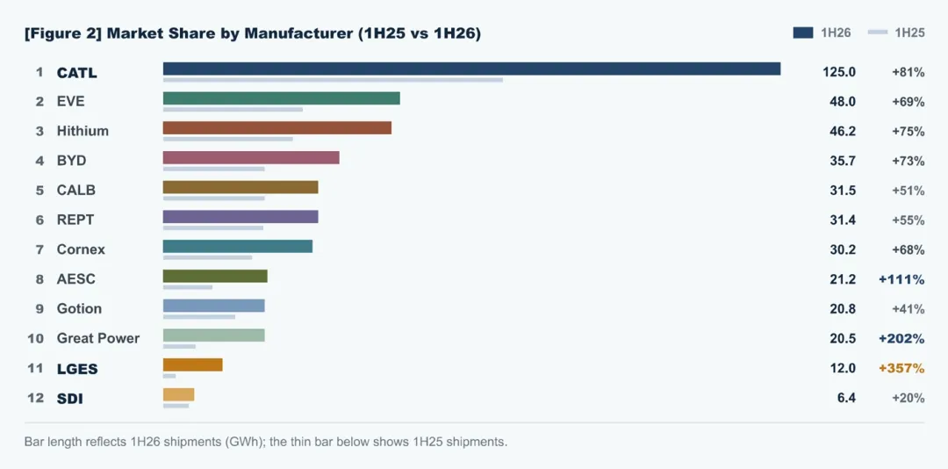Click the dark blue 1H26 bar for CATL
pos(471,69)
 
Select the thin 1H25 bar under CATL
pos(334,80)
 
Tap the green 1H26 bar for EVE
pos(282,98)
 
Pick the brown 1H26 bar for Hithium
pos(277,127)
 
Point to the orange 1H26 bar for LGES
pos(193,364)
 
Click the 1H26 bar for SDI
pos(178,394)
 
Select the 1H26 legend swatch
pos(803,32)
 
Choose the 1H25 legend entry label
pos(910,33)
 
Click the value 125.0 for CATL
pos(839,72)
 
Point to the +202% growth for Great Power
pos(902,339)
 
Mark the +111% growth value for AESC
pos(902,279)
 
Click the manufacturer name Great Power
pos(98,338)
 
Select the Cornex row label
pos(81,249)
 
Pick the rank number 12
pos(36,398)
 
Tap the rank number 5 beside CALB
pos(39,191)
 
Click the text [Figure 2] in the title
pos(63,34)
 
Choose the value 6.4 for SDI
pos(846,398)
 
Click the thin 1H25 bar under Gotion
pos(199,316)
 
